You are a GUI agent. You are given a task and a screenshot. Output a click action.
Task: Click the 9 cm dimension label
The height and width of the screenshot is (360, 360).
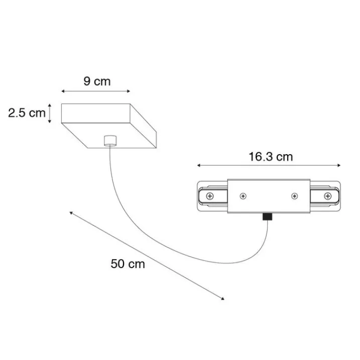tap(97, 81)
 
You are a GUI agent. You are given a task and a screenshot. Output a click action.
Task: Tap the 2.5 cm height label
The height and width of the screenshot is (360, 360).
tap(27, 113)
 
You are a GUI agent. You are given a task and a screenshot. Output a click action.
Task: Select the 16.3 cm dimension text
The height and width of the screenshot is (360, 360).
tap(270, 156)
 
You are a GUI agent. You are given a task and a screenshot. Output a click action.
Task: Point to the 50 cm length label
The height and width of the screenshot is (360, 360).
tap(128, 264)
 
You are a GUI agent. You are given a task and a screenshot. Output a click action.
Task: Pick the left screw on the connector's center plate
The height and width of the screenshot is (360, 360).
tap(243, 195)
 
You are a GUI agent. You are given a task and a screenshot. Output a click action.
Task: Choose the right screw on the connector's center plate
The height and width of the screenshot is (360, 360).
tap(295, 195)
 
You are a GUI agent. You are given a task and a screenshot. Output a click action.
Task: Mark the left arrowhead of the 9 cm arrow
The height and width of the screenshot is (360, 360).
tap(62, 91)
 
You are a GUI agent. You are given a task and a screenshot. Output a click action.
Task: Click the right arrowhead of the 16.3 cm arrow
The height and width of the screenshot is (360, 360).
tap(340, 165)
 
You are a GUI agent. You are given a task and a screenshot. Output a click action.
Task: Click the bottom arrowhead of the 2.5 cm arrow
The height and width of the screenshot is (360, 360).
tap(50, 122)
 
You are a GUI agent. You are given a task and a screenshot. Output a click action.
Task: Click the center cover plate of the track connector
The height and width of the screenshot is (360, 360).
tap(269, 196)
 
